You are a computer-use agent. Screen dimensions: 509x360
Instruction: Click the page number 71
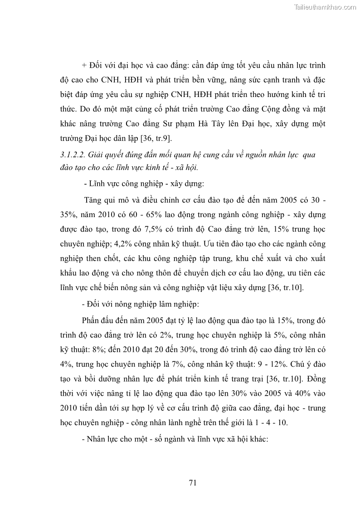pyautogui.click(x=192, y=482)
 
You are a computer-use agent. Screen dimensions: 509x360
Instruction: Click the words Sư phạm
pyautogui.click(x=199, y=124)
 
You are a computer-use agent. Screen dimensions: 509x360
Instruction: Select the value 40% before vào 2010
pyautogui.click(x=299, y=393)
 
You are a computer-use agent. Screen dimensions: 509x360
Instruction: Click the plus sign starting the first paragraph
pyautogui.click(x=84, y=65)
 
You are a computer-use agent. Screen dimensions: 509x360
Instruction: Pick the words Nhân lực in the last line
pyautogui.click(x=106, y=440)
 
